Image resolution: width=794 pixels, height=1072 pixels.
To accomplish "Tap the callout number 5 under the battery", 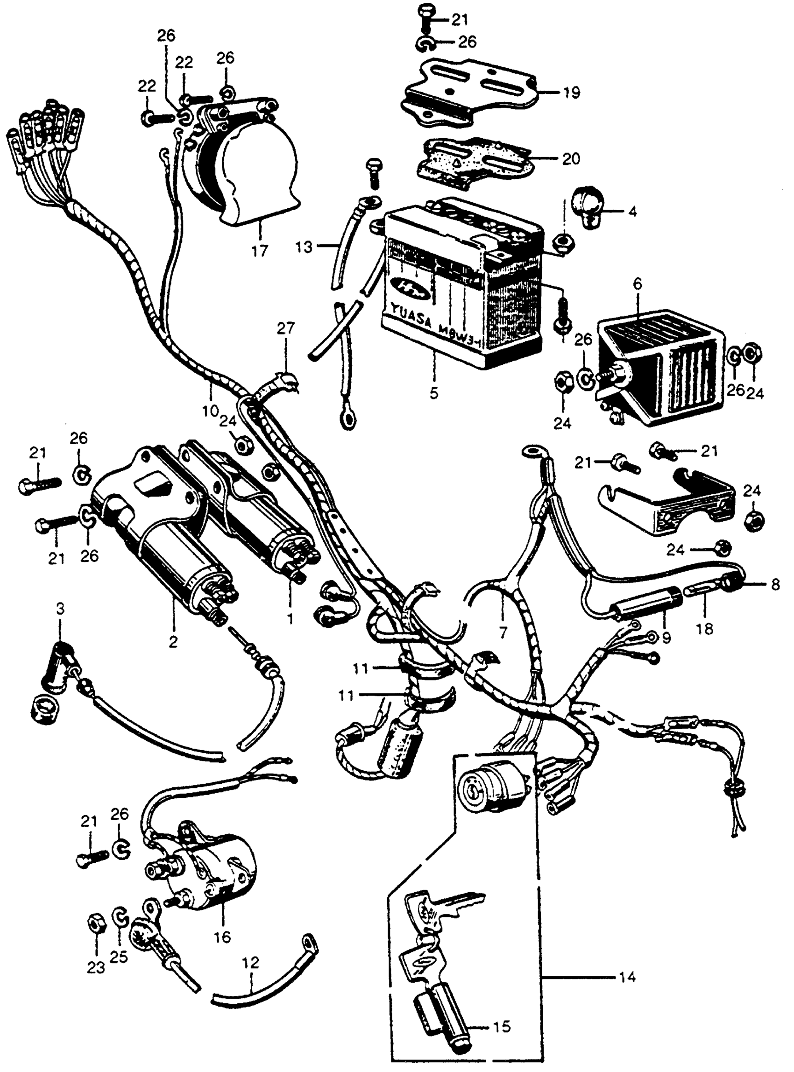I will coord(434,393).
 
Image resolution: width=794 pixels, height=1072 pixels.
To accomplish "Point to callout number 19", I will coord(572,92).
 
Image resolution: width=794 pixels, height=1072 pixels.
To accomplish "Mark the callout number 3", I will coord(60,609).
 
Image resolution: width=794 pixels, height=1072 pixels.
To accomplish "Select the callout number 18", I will coord(705,629).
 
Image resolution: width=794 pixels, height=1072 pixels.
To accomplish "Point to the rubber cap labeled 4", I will coord(585,208).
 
